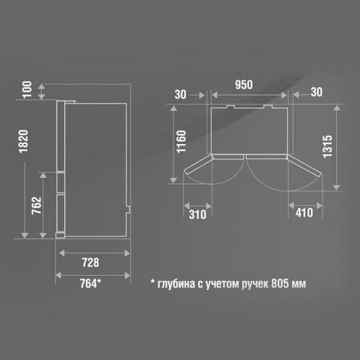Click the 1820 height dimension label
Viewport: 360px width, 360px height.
[24, 142]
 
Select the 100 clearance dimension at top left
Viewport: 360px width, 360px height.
[27, 89]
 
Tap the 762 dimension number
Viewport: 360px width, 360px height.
[37, 206]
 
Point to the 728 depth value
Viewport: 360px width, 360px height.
[91, 262]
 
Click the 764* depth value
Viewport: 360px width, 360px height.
[91, 283]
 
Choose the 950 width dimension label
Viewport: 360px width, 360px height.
[244, 85]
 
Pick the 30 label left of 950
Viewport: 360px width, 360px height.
[181, 94]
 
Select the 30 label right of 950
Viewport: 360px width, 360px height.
[317, 92]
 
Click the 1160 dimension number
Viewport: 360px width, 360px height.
[181, 142]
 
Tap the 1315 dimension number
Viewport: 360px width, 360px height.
[328, 146]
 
